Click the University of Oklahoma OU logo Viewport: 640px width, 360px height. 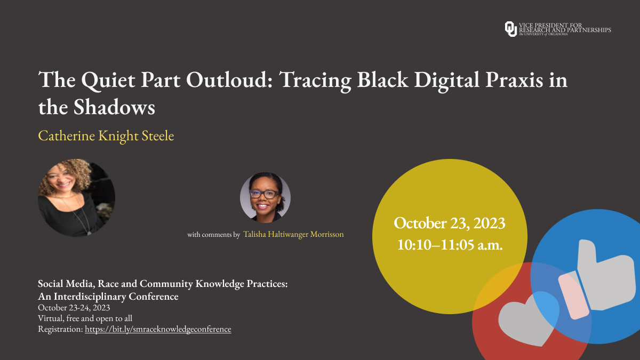coord(510,29)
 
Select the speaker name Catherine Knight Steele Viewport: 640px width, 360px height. coord(106,136)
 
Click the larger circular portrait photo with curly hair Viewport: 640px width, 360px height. coord(76,197)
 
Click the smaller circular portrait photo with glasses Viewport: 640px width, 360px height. coord(265,197)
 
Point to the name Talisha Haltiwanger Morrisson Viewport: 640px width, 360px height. coord(293,234)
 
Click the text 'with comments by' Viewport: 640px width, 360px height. coord(213,235)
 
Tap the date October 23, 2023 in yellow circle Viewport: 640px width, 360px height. coord(449,223)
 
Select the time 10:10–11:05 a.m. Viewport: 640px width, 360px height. coord(449,245)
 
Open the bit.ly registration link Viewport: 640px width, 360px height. coord(158,329)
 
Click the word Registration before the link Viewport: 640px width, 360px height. coord(60,329)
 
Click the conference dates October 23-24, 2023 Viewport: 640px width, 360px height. coord(74,308)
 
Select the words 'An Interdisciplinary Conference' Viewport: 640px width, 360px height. coord(108,297)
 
